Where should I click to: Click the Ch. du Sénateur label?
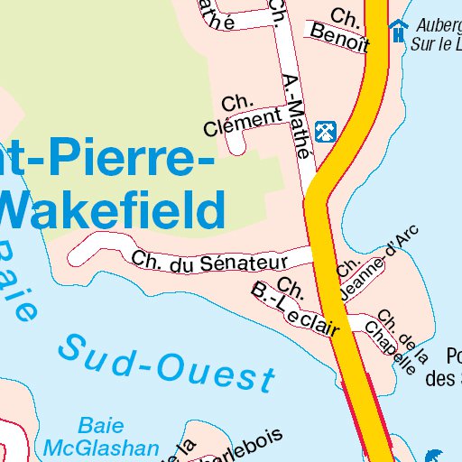208,261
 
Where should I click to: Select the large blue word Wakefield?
112,209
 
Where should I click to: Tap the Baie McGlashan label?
101,436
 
